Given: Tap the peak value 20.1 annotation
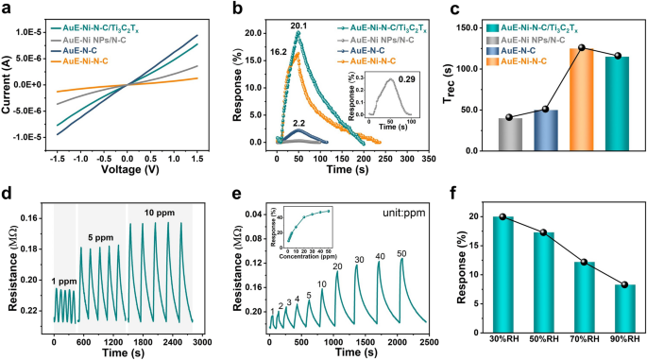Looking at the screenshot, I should point(298,26).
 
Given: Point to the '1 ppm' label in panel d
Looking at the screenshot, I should point(64,280).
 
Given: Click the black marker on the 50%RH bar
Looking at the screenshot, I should point(542,232).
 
